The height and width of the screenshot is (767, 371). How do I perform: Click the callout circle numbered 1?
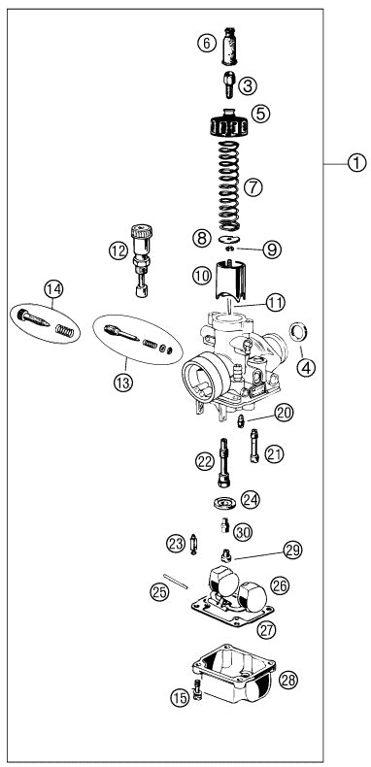(x=357, y=163)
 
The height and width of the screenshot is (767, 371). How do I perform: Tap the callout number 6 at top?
(x=205, y=42)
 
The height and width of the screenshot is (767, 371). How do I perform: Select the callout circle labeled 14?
(x=52, y=287)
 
